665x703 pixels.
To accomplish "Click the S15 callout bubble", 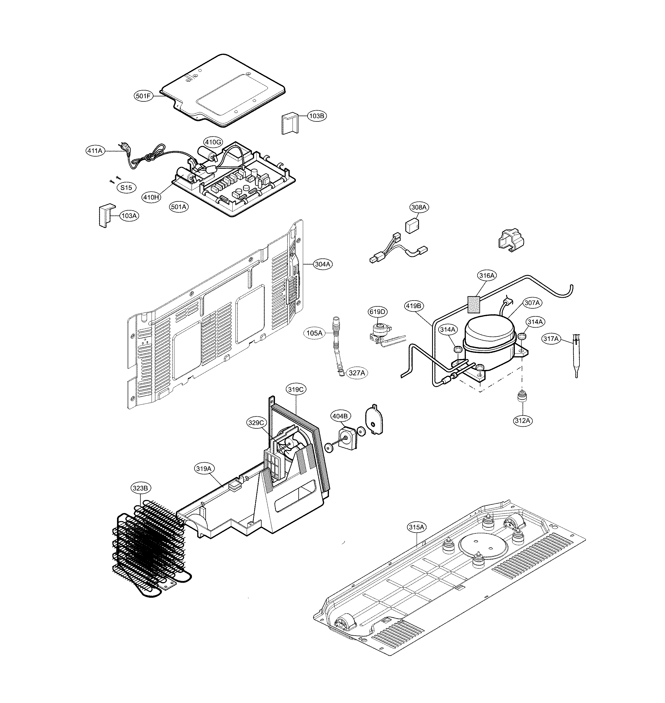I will (x=126, y=188).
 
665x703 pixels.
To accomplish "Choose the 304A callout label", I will (x=323, y=264).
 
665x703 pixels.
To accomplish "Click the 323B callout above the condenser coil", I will (x=140, y=488).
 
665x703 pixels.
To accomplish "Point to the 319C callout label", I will (x=295, y=389).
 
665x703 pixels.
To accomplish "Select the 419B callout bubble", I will (x=414, y=306).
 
